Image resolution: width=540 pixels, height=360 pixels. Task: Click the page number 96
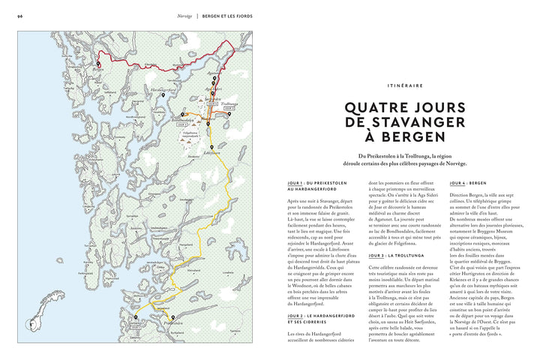point(20,14)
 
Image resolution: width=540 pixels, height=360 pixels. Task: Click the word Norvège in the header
point(184,14)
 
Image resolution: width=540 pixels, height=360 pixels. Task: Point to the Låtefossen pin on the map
point(212,148)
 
